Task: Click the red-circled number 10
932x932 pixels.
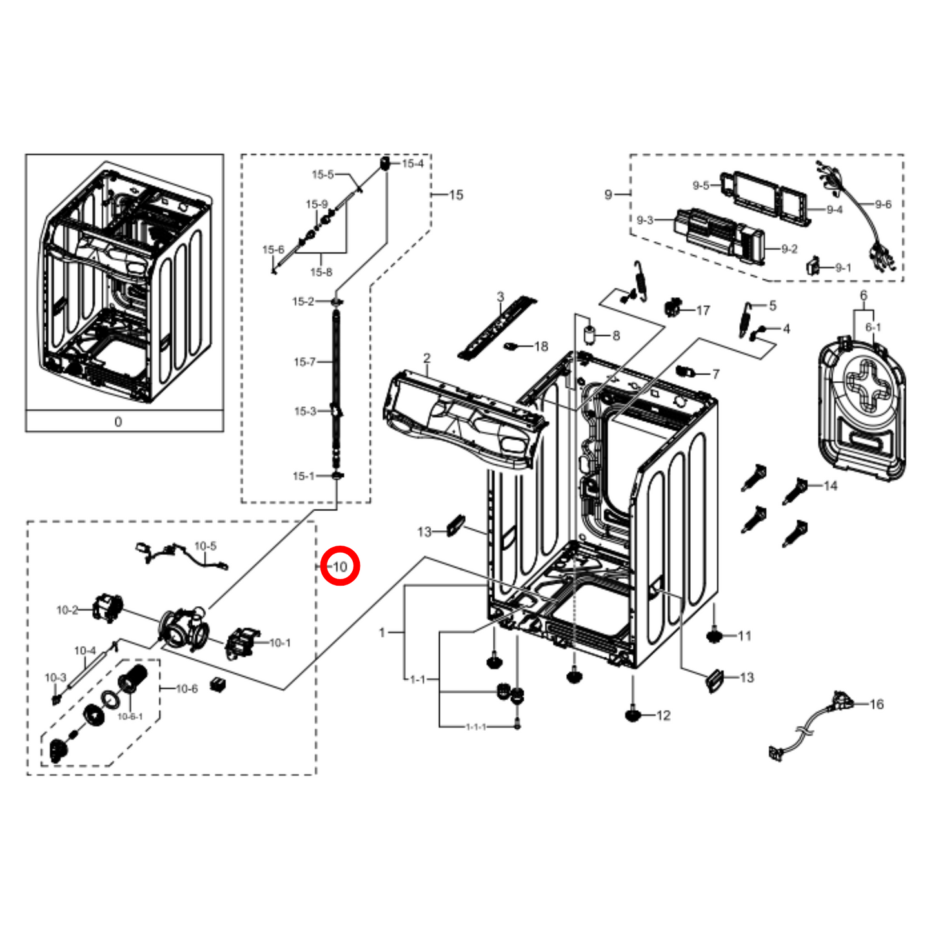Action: (339, 566)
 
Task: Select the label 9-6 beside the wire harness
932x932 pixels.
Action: (882, 204)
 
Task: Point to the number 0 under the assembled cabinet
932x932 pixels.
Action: (118, 421)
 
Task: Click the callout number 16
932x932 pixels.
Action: (876, 704)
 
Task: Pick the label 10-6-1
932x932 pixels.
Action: (130, 716)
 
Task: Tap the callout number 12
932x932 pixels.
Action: (663, 715)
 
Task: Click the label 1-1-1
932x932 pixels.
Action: (476, 726)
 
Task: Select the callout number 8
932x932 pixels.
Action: (616, 335)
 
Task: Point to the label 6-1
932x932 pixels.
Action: (873, 327)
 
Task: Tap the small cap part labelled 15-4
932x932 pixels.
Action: (385, 163)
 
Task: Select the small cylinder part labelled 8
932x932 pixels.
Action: (589, 335)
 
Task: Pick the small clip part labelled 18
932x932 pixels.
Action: (513, 347)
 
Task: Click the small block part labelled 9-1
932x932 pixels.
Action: (813, 265)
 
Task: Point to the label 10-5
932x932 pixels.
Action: (205, 546)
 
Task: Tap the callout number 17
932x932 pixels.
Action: (702, 310)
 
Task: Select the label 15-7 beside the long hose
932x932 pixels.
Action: (304, 362)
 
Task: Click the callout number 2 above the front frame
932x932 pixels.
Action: (427, 358)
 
